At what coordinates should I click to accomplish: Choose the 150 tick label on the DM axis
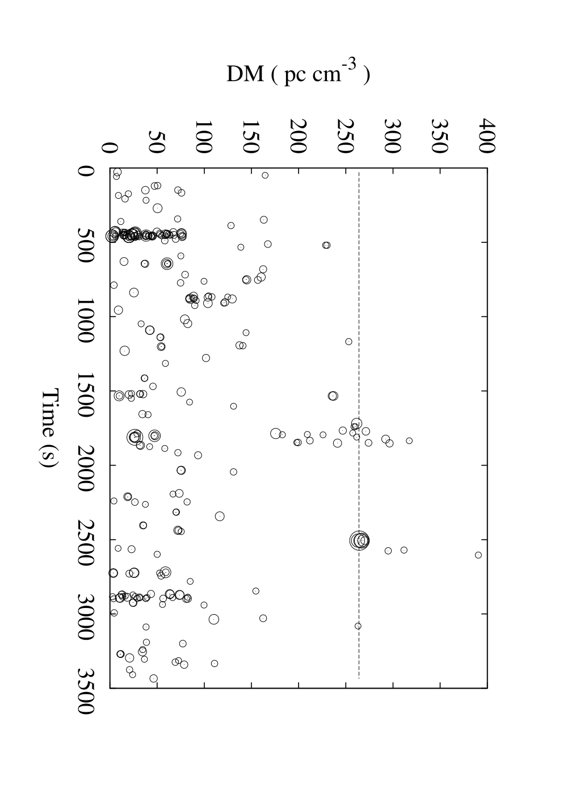point(251,137)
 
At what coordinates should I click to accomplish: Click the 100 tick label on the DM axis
point(204,137)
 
